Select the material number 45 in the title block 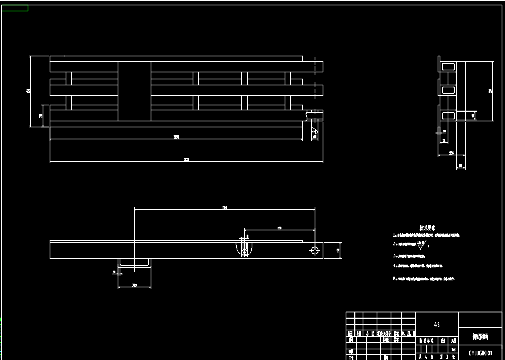(436, 325)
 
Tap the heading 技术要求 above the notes (427, 227)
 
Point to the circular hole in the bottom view (315, 250)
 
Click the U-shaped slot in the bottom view (244, 248)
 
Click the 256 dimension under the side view (451, 153)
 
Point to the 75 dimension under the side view (444, 140)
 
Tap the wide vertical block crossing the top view (134, 91)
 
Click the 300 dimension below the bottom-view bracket (134, 285)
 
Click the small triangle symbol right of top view (314, 134)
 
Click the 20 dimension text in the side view (444, 131)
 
